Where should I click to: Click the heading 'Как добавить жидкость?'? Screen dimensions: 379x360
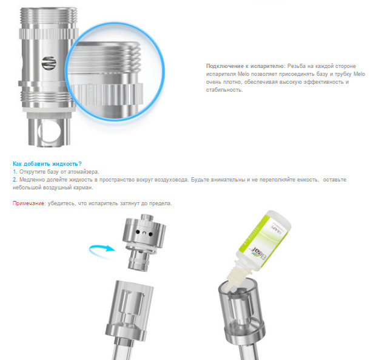47,164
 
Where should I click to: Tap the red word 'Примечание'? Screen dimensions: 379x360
29,203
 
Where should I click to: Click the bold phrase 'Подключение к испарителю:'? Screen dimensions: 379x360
246,66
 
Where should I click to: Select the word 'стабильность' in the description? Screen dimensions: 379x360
224,90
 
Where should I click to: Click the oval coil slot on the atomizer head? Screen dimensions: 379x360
49,64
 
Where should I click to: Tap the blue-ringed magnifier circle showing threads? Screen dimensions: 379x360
115,72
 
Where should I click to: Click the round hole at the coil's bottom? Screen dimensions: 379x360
50,131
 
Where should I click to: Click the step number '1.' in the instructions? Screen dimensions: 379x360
15,172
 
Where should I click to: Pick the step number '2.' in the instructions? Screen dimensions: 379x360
15,180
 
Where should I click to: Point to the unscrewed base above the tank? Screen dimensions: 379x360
144,242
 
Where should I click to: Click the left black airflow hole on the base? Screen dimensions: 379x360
138,232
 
